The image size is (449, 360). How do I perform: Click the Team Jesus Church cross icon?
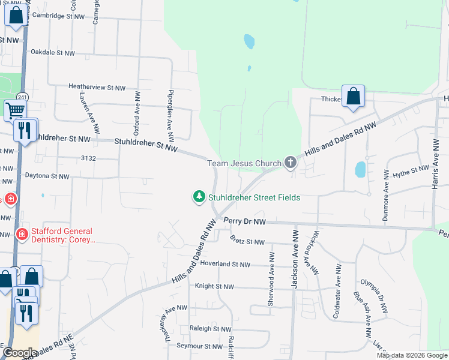tap(291, 162)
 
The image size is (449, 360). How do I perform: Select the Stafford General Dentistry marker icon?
tap(22, 234)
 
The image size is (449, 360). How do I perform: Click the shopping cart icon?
tap(15, 110)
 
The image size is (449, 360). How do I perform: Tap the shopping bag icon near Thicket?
tap(354, 96)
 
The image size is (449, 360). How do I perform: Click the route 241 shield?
tap(22, 97)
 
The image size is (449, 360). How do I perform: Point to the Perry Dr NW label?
tap(245, 221)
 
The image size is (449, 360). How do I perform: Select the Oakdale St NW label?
tap(53, 53)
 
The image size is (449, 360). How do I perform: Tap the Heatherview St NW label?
tap(97, 88)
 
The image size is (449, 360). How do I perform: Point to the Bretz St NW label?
tap(247, 242)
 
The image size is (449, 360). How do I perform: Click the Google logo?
tap(19, 353)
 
